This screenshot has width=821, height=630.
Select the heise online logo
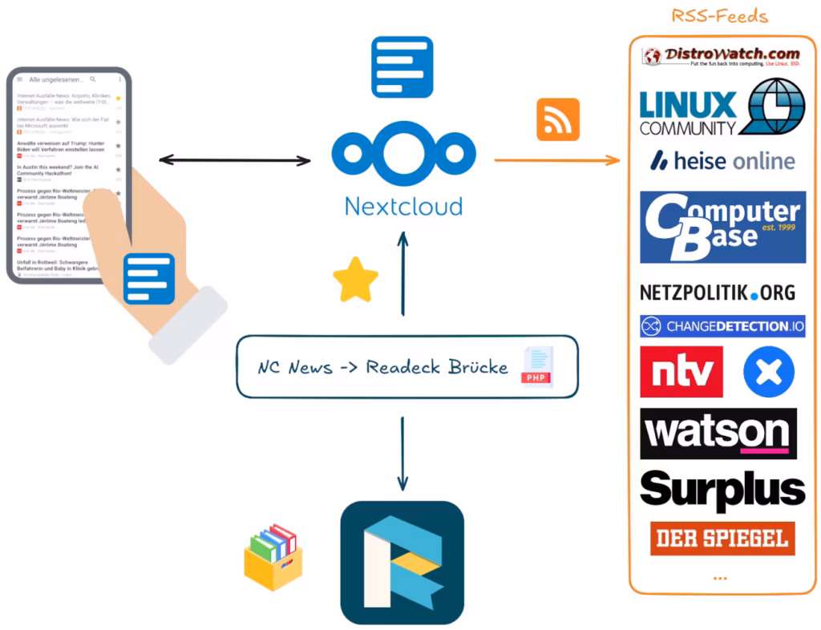(x=722, y=160)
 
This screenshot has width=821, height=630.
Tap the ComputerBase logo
(x=722, y=227)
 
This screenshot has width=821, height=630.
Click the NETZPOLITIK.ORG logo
(x=718, y=293)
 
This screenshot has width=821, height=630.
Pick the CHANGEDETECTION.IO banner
(x=722, y=326)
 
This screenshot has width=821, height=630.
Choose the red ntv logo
(x=681, y=372)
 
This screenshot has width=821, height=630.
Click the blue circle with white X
(x=768, y=372)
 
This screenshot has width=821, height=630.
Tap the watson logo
(x=718, y=434)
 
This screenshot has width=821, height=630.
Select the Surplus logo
(x=722, y=490)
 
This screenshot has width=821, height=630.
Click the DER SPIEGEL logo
(x=722, y=539)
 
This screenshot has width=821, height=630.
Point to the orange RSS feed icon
(x=558, y=119)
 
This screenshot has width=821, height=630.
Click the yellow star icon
(x=356, y=281)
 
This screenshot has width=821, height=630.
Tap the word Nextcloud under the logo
(x=403, y=206)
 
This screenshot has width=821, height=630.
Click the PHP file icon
(x=537, y=367)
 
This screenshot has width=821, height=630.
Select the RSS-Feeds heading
(x=719, y=16)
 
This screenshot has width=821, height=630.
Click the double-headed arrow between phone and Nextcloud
(x=234, y=160)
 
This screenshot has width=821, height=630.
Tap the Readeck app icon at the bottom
(x=402, y=562)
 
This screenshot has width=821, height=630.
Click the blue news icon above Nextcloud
(x=402, y=67)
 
